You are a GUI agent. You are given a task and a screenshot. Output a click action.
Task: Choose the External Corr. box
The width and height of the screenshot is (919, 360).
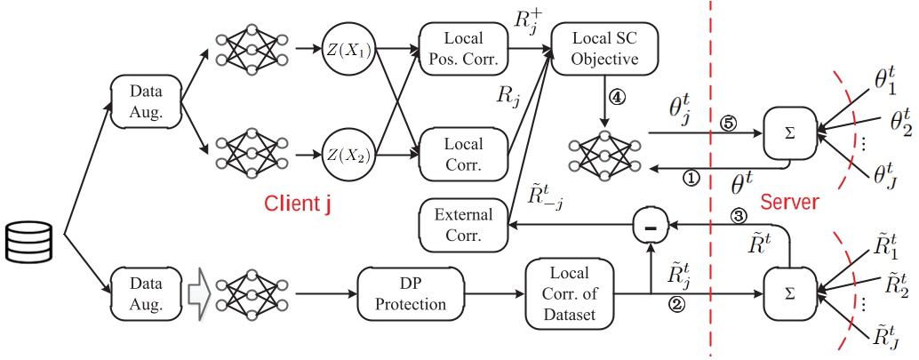[x=462, y=226]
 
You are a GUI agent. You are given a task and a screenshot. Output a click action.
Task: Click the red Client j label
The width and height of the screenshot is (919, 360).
[x=303, y=204]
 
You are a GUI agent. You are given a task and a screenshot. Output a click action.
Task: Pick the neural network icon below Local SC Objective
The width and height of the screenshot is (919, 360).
[x=606, y=146]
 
